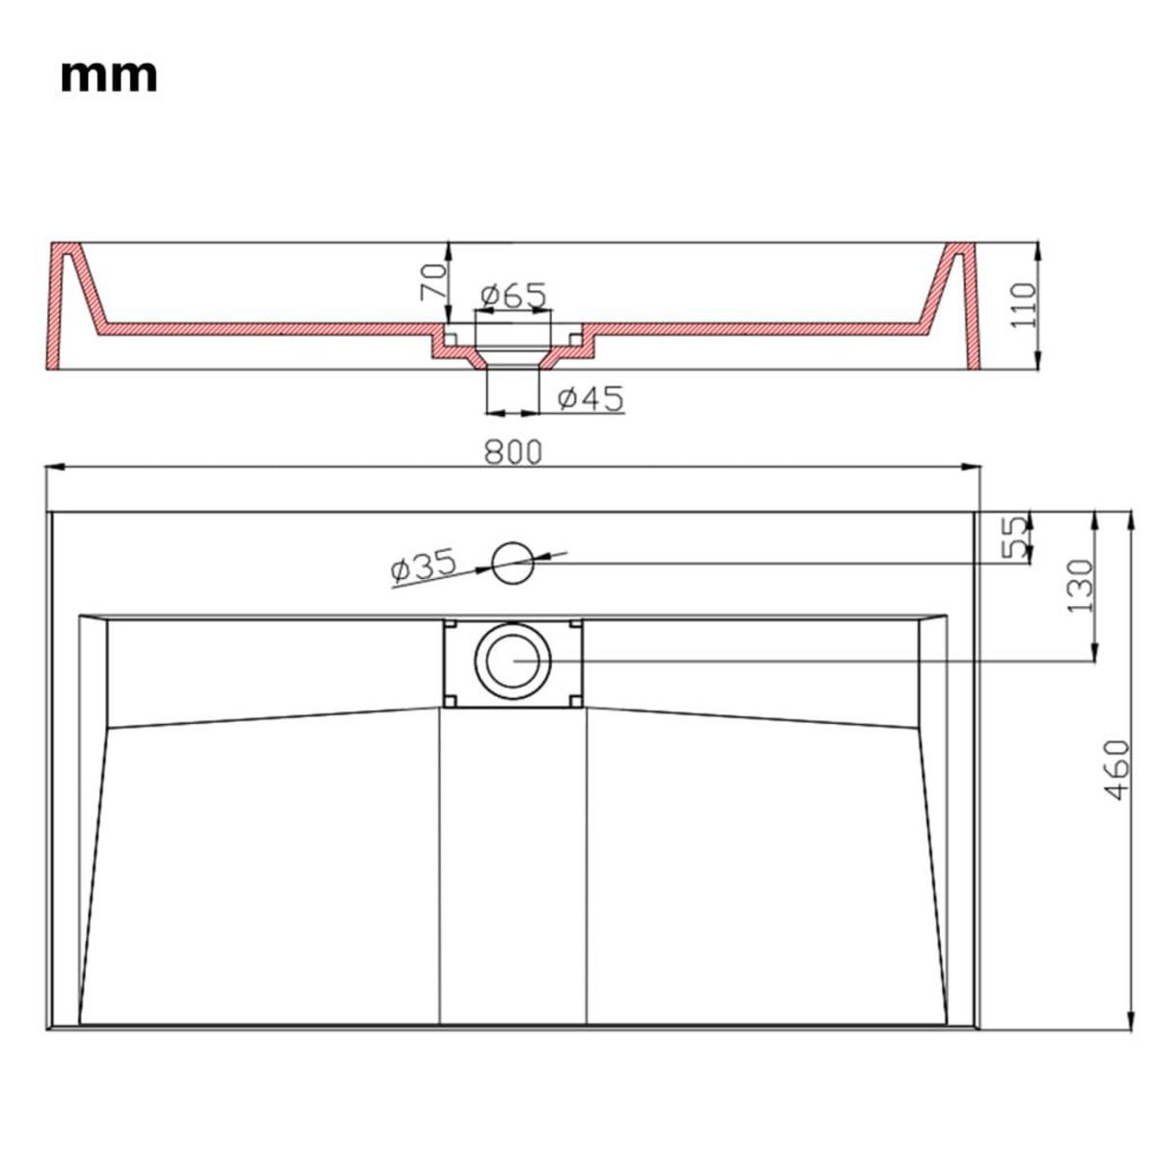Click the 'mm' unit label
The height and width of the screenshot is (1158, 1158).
(x=109, y=75)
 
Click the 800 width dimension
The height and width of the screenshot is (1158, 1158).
(x=512, y=452)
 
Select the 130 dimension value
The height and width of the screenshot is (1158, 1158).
(x=1079, y=586)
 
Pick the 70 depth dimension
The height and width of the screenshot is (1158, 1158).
(x=434, y=281)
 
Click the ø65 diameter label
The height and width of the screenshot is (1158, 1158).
(x=513, y=295)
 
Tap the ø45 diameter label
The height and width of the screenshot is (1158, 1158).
(x=591, y=398)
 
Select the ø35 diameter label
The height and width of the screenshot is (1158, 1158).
(x=424, y=566)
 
